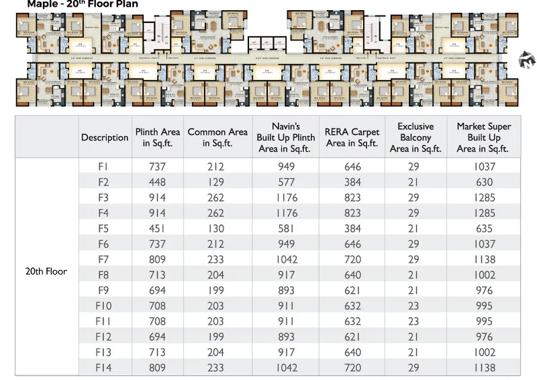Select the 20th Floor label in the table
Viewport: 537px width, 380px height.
[46, 271]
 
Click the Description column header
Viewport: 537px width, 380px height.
[105, 138]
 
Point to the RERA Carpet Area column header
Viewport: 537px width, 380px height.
[352, 138]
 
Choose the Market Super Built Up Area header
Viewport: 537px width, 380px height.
[483, 138]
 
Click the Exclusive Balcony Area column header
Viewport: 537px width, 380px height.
[416, 138]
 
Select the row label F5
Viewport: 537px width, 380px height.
[103, 228]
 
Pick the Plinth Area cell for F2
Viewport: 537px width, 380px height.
[157, 182]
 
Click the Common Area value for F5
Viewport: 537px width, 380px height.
[217, 228]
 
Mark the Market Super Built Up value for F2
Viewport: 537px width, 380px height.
[484, 182]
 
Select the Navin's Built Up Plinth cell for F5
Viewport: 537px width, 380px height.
[285, 228]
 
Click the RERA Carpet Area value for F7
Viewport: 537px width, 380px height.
[352, 259]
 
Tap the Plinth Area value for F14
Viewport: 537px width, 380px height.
[157, 368]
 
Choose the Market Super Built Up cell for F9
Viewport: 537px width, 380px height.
[484, 290]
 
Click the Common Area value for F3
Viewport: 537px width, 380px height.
[217, 197]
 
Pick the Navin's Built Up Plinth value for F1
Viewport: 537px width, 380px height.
[285, 167]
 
